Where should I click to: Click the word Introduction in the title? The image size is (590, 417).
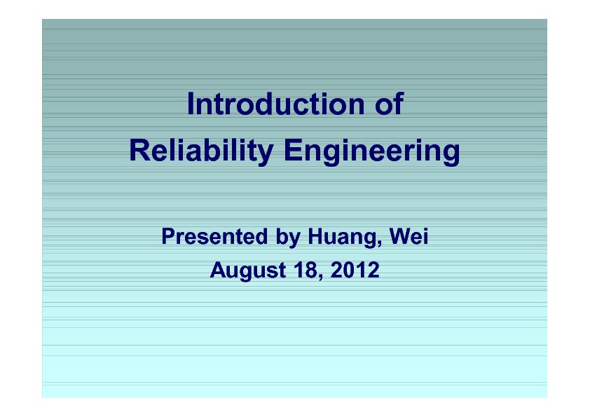(276, 104)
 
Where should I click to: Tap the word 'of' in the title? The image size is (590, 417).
(389, 104)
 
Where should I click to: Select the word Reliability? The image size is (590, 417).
(201, 151)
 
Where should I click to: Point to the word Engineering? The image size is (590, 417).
(372, 151)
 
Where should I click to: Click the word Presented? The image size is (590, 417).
(214, 236)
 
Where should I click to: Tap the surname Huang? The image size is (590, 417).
(343, 238)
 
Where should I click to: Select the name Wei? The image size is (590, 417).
(409, 236)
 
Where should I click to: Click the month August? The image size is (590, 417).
(248, 271)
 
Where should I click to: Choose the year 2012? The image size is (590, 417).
(355, 270)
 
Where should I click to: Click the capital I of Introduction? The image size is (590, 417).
(190, 104)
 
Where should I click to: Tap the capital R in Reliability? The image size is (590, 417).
(139, 150)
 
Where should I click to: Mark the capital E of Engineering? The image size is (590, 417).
(293, 150)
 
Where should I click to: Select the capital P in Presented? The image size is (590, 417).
(169, 236)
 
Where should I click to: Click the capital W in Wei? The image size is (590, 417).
(401, 236)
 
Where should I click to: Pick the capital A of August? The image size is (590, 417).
(218, 270)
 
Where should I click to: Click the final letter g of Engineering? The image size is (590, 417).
(452, 154)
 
